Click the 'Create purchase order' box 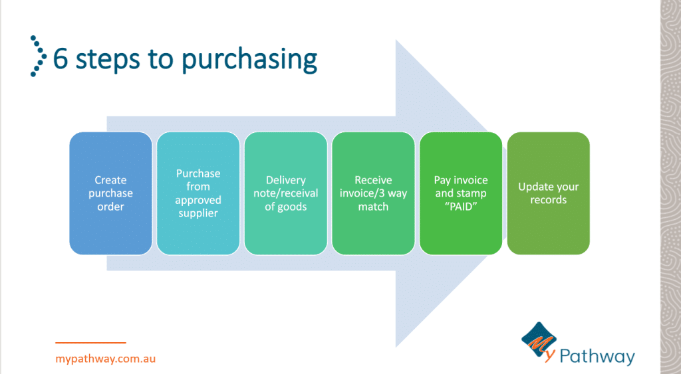pyautogui.click(x=111, y=193)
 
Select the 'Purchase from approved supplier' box pyautogui.click(x=198, y=193)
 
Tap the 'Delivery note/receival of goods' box pyautogui.click(x=286, y=193)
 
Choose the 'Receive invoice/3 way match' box pyautogui.click(x=374, y=193)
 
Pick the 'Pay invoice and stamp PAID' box pyautogui.click(x=461, y=193)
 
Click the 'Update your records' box pyautogui.click(x=549, y=193)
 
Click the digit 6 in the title pyautogui.click(x=61, y=59)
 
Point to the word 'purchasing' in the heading pyautogui.click(x=250, y=60)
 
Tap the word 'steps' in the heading pyautogui.click(x=108, y=60)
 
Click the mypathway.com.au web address pyautogui.click(x=106, y=359)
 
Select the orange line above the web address pyautogui.click(x=90, y=343)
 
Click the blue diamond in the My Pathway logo pyautogui.click(x=539, y=339)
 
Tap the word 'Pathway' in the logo pyautogui.click(x=597, y=357)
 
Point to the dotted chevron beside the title pyautogui.click(x=38, y=56)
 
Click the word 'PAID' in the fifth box pyautogui.click(x=461, y=207)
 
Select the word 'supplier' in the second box pyautogui.click(x=198, y=213)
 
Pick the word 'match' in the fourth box pyautogui.click(x=373, y=207)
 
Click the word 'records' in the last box pyautogui.click(x=549, y=200)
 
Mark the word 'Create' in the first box pyautogui.click(x=111, y=180)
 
